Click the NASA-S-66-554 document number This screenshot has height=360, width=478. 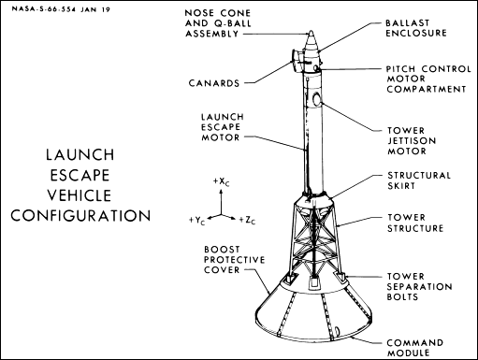click(44, 9)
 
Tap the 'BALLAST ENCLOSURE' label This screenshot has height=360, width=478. click(416, 28)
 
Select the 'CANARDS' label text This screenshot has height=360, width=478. click(214, 83)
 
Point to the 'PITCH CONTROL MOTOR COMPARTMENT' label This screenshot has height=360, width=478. click(428, 79)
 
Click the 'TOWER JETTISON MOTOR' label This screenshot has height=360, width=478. click(412, 140)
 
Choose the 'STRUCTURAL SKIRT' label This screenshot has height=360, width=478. click(419, 180)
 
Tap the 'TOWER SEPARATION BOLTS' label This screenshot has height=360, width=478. click(419, 286)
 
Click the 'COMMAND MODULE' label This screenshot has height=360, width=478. click(415, 348)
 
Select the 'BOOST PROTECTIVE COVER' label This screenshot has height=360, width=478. click(234, 260)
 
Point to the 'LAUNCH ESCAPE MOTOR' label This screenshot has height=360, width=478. click(223, 127)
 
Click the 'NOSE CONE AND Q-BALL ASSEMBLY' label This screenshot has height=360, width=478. click(218, 23)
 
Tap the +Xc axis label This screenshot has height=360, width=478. click(222, 181)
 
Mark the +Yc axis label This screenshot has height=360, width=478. click(197, 221)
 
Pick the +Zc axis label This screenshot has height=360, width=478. click(247, 221)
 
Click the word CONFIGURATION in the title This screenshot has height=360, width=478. click(80, 216)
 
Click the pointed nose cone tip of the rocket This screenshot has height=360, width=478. click(311, 31)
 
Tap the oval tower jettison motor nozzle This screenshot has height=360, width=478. click(317, 99)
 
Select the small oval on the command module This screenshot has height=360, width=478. click(337, 330)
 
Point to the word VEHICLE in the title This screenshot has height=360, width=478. click(80, 195)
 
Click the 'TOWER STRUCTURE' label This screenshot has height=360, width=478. click(415, 223)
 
